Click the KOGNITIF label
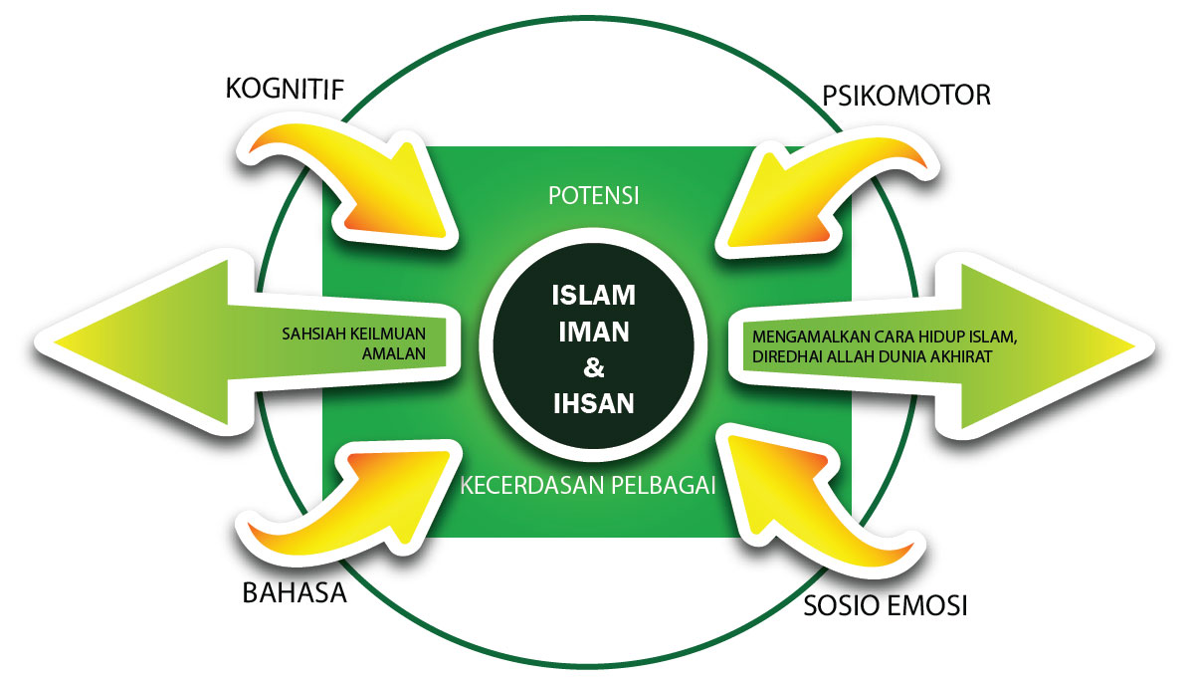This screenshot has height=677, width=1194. [x=285, y=91]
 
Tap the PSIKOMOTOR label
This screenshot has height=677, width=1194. [x=906, y=96]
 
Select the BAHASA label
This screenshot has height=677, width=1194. [x=295, y=594]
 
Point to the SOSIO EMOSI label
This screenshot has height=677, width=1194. [x=886, y=606]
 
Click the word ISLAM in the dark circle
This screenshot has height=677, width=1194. [x=594, y=296]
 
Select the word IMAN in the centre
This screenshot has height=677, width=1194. [x=594, y=332]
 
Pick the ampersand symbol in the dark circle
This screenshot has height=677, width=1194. [x=594, y=368]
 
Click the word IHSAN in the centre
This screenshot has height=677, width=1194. [x=594, y=404]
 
